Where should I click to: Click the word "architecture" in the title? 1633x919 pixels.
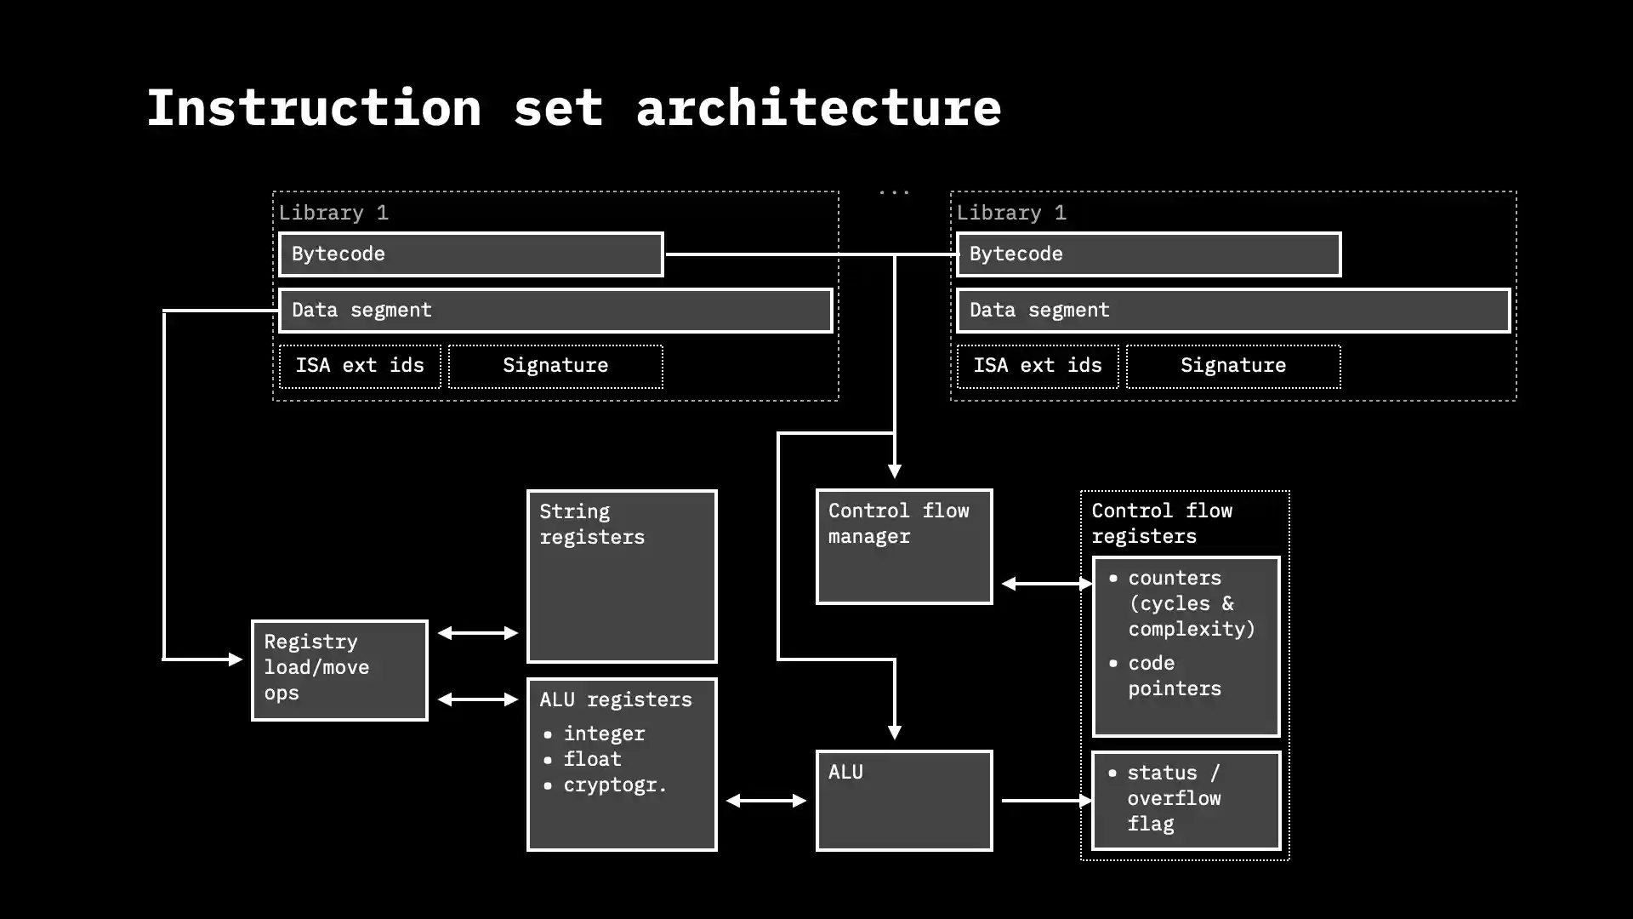tap(818, 108)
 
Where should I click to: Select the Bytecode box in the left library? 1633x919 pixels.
tap(470, 254)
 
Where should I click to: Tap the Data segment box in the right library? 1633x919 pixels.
tap(1232, 311)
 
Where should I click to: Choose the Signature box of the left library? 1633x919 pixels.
tap(555, 366)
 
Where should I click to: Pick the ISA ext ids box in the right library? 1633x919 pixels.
tap(1037, 366)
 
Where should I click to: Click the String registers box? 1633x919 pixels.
tap(622, 576)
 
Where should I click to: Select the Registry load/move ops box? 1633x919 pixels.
tap(339, 670)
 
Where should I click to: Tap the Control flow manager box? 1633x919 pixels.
tap(903, 546)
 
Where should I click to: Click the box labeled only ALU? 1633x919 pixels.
tap(903, 800)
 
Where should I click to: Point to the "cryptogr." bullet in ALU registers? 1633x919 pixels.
tap(614, 785)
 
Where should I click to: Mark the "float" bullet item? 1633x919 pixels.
tap(592, 759)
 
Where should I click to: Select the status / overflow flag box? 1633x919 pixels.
tap(1186, 800)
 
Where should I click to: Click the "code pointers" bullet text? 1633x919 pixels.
tap(1174, 676)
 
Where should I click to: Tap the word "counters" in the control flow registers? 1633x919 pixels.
tap(1175, 578)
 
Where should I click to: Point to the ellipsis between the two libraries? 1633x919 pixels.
tap(894, 193)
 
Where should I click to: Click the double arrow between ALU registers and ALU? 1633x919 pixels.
tap(766, 801)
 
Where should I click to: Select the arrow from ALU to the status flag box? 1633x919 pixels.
tap(1045, 801)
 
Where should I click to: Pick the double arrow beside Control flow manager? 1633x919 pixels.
tap(1047, 584)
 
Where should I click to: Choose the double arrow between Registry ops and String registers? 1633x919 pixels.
tap(478, 633)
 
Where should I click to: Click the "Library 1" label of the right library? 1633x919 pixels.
tap(1011, 213)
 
